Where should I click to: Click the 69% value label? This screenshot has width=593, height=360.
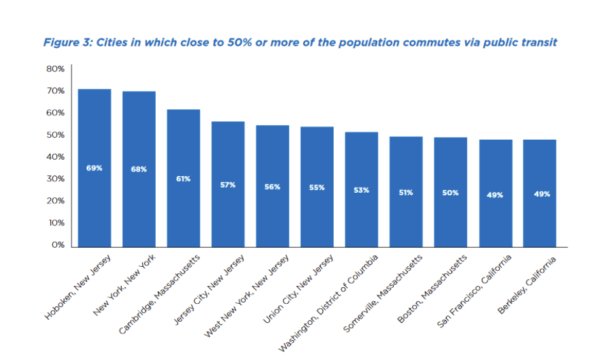94,169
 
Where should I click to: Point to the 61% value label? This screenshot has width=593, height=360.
183,179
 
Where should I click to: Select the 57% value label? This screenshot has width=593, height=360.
228,185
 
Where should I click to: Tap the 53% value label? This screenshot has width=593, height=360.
361,190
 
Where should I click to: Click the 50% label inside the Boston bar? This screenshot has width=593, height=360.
451,193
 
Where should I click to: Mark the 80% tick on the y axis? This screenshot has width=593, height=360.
55,69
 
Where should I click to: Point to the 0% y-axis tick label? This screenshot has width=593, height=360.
57,245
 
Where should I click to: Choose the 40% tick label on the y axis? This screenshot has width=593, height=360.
55,157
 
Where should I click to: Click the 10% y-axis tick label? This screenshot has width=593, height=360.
55,223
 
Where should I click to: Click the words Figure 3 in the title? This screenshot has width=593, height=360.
66,43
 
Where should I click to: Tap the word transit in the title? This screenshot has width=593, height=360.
538,43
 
